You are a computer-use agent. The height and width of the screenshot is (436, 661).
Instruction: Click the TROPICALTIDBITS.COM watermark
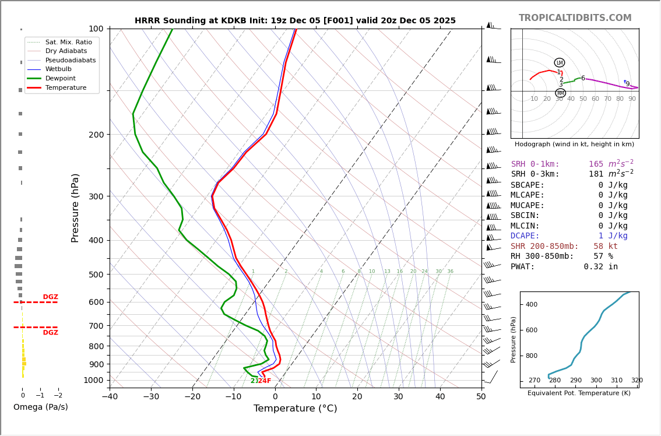[575, 18]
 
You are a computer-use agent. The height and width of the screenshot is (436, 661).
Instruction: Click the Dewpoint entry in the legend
[61, 79]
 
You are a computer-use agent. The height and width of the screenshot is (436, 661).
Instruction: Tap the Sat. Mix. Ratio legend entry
[68, 43]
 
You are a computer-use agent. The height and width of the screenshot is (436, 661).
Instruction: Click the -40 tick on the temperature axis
[110, 397]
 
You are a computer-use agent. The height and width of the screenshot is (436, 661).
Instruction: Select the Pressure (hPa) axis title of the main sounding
[75, 208]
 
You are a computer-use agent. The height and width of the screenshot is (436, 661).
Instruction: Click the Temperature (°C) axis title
[295, 409]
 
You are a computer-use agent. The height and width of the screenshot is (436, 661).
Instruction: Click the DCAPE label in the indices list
[528, 236]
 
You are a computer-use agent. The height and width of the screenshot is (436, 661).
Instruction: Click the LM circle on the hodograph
[560, 63]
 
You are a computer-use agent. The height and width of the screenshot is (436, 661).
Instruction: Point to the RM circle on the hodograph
[560, 93]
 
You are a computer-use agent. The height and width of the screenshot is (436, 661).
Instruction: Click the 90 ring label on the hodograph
[632, 99]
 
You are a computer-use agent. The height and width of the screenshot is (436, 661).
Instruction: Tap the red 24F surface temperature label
[265, 381]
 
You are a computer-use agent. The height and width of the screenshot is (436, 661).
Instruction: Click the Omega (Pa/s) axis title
[40, 407]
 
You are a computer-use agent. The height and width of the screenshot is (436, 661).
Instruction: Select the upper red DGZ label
[50, 297]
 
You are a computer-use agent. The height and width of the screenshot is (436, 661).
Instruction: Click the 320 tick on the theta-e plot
[637, 381]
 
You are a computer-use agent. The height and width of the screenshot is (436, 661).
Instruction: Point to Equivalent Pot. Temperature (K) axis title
[579, 393]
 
